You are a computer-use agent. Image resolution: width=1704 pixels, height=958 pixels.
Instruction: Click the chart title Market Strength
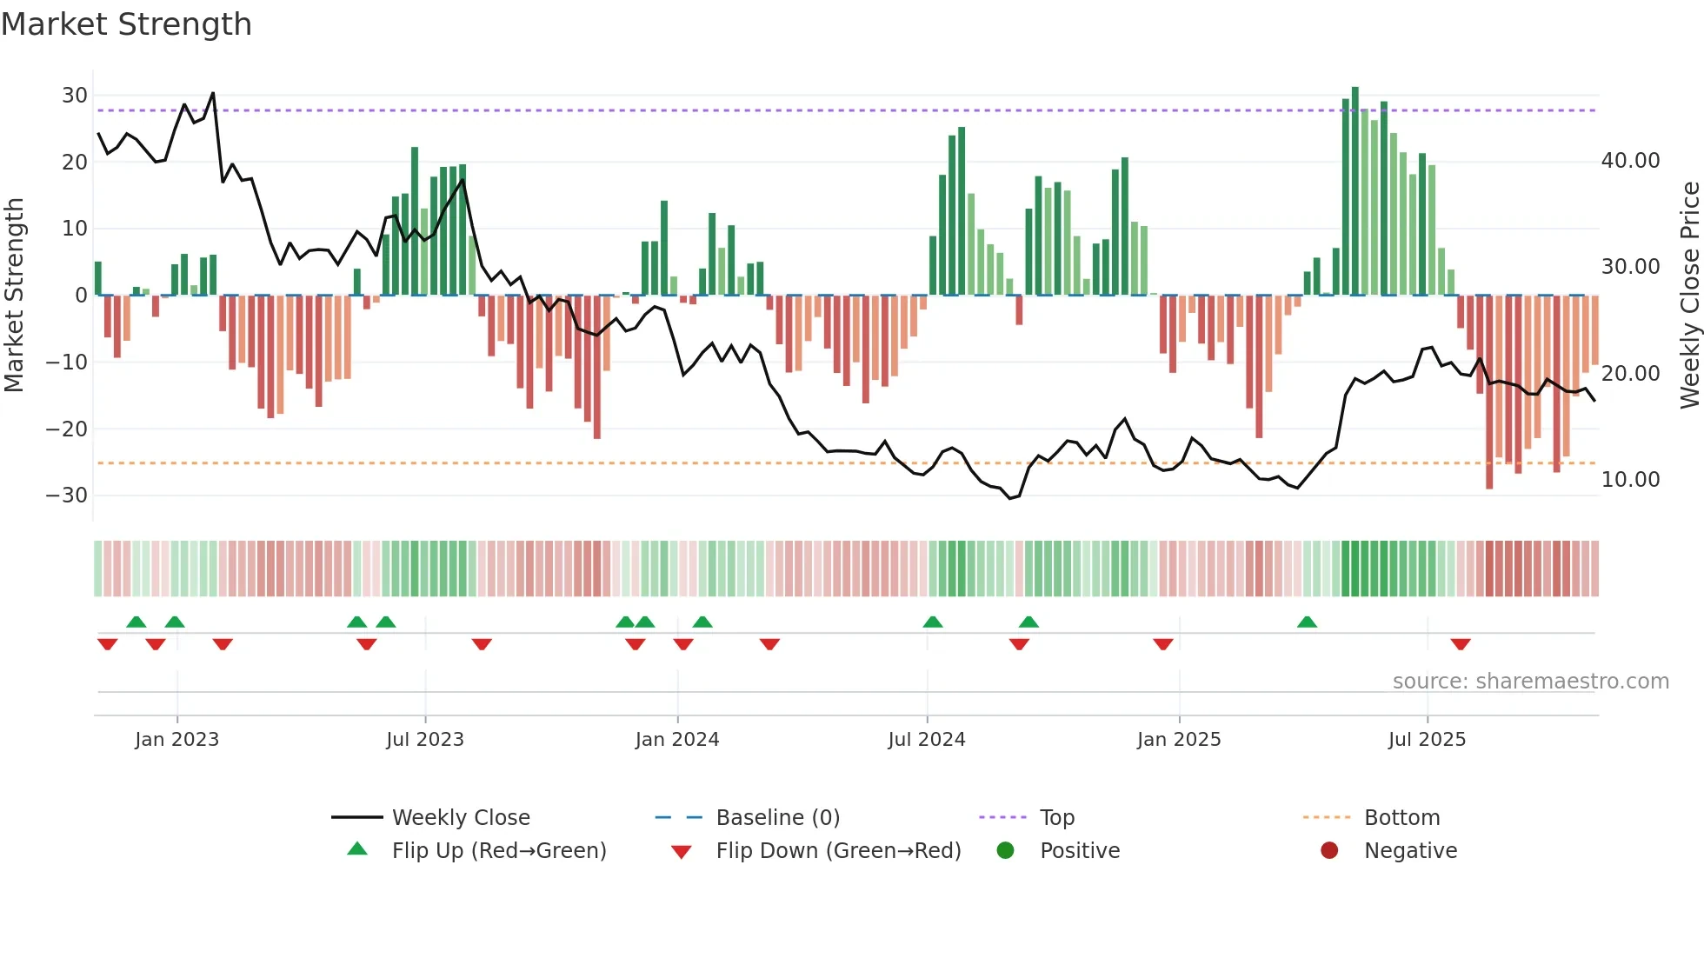(126, 24)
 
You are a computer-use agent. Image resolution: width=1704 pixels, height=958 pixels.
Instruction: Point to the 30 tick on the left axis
(75, 96)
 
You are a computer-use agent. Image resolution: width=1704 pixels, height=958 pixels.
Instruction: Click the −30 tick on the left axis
(67, 496)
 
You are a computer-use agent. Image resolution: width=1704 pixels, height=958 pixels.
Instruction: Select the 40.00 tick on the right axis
(1630, 161)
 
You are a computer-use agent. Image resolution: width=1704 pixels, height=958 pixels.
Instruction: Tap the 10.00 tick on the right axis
(1630, 480)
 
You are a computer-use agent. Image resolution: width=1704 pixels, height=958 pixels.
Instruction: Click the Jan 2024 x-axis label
(677, 740)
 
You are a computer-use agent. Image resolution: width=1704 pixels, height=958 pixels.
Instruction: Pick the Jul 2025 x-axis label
(1427, 740)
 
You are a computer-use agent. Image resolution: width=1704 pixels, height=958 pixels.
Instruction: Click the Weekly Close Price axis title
(1689, 296)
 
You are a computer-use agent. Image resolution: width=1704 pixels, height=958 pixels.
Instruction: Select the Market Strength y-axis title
(15, 296)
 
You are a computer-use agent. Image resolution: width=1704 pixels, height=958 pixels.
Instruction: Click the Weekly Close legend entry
(460, 818)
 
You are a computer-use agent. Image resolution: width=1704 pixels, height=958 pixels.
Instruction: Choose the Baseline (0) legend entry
(777, 818)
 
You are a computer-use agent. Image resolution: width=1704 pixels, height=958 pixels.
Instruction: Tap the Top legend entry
(1056, 818)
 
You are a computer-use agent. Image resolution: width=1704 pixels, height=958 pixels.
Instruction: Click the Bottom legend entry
(1401, 818)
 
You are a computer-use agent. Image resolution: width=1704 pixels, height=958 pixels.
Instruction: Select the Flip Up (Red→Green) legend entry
(498, 851)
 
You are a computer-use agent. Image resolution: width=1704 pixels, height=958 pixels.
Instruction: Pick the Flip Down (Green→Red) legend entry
(838, 851)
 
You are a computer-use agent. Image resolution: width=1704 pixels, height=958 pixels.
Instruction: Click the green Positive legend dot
(1006, 851)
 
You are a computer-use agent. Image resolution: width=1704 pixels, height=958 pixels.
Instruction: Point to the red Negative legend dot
(1329, 851)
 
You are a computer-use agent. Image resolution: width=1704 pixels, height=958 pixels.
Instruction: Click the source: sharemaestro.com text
(1530, 682)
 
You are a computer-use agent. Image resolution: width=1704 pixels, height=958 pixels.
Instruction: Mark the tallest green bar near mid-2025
(1355, 191)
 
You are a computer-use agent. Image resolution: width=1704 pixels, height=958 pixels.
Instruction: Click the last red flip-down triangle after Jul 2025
(1461, 644)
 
